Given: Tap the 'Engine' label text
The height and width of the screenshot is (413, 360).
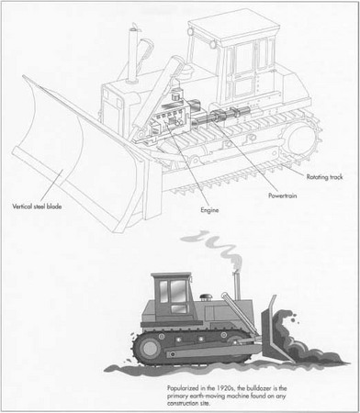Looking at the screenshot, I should coord(211,209).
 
